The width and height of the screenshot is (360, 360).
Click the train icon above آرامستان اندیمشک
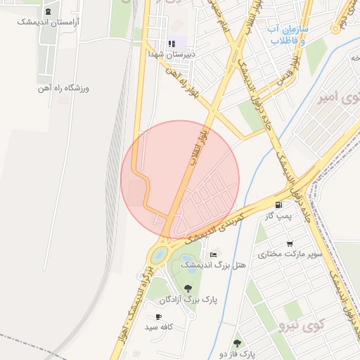coord(48,11)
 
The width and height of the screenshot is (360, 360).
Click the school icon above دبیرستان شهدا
coord(172,44)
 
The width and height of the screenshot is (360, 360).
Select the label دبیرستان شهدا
coord(171,53)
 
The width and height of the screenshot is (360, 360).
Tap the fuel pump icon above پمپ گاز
coord(279,206)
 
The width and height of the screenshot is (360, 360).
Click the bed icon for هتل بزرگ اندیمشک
coord(213,254)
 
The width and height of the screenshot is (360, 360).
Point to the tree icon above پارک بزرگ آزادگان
coord(188,288)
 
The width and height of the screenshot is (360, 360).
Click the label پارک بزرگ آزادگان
coord(188,300)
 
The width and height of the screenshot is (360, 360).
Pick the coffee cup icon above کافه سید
coord(160,317)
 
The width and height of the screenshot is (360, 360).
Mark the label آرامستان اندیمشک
coord(48,22)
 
